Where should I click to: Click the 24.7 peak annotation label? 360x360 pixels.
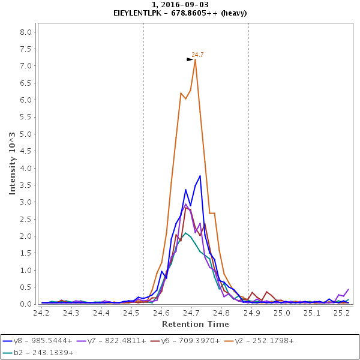coord(197,55)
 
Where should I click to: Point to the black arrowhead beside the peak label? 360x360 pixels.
coord(190,59)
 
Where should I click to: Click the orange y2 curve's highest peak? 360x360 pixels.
coord(195,59)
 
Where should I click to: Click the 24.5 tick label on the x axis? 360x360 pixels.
coord(131,313)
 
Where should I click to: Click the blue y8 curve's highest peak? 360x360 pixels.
coord(200,176)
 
